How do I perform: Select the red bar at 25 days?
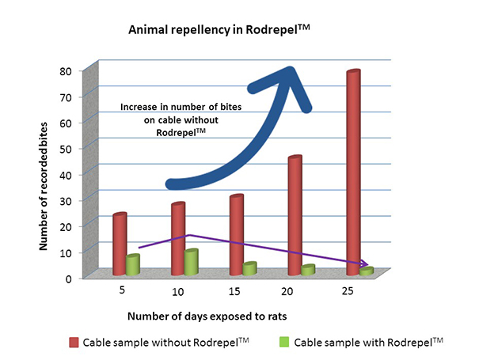coord(353,170)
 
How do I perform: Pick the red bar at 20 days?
coord(295,214)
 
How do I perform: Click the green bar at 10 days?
coord(191,262)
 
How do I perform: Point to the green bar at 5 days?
coord(132,264)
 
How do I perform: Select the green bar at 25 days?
coord(366,271)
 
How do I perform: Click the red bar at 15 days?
coord(236,233)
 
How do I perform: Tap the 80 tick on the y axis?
coord(68,70)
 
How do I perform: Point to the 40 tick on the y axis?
coord(68,174)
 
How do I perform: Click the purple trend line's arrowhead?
coord(365,263)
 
